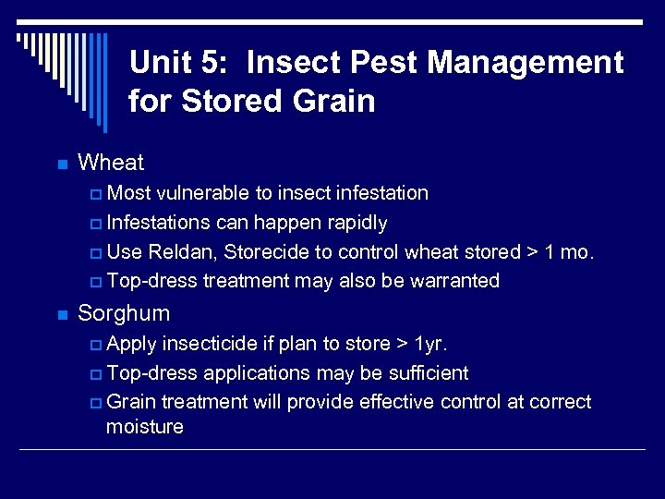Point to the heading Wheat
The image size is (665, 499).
111,163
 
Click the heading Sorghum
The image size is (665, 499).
124,313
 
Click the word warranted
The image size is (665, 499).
453,281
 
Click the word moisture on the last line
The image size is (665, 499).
145,427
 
